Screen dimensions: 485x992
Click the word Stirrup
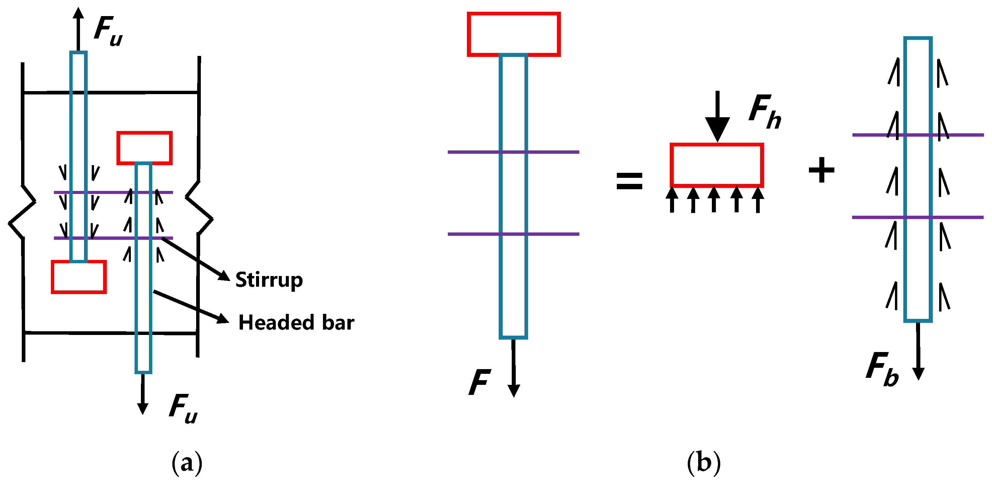coord(269,280)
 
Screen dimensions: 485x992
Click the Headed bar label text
coord(296,323)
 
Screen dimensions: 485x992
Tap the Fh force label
coord(765,112)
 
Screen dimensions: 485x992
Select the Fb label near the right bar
coord(882,369)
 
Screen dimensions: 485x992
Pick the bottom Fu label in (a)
coord(183,409)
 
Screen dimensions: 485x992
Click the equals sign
coord(629,181)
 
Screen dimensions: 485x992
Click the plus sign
coord(821,170)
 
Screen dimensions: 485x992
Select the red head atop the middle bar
coord(514,34)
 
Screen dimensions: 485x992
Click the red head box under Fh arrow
coord(717,165)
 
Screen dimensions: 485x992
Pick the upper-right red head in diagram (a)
coord(144,148)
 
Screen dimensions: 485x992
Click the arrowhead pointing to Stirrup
coord(225,276)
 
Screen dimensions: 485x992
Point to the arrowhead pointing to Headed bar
coord(223,319)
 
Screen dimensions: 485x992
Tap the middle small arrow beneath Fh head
coord(714,199)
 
